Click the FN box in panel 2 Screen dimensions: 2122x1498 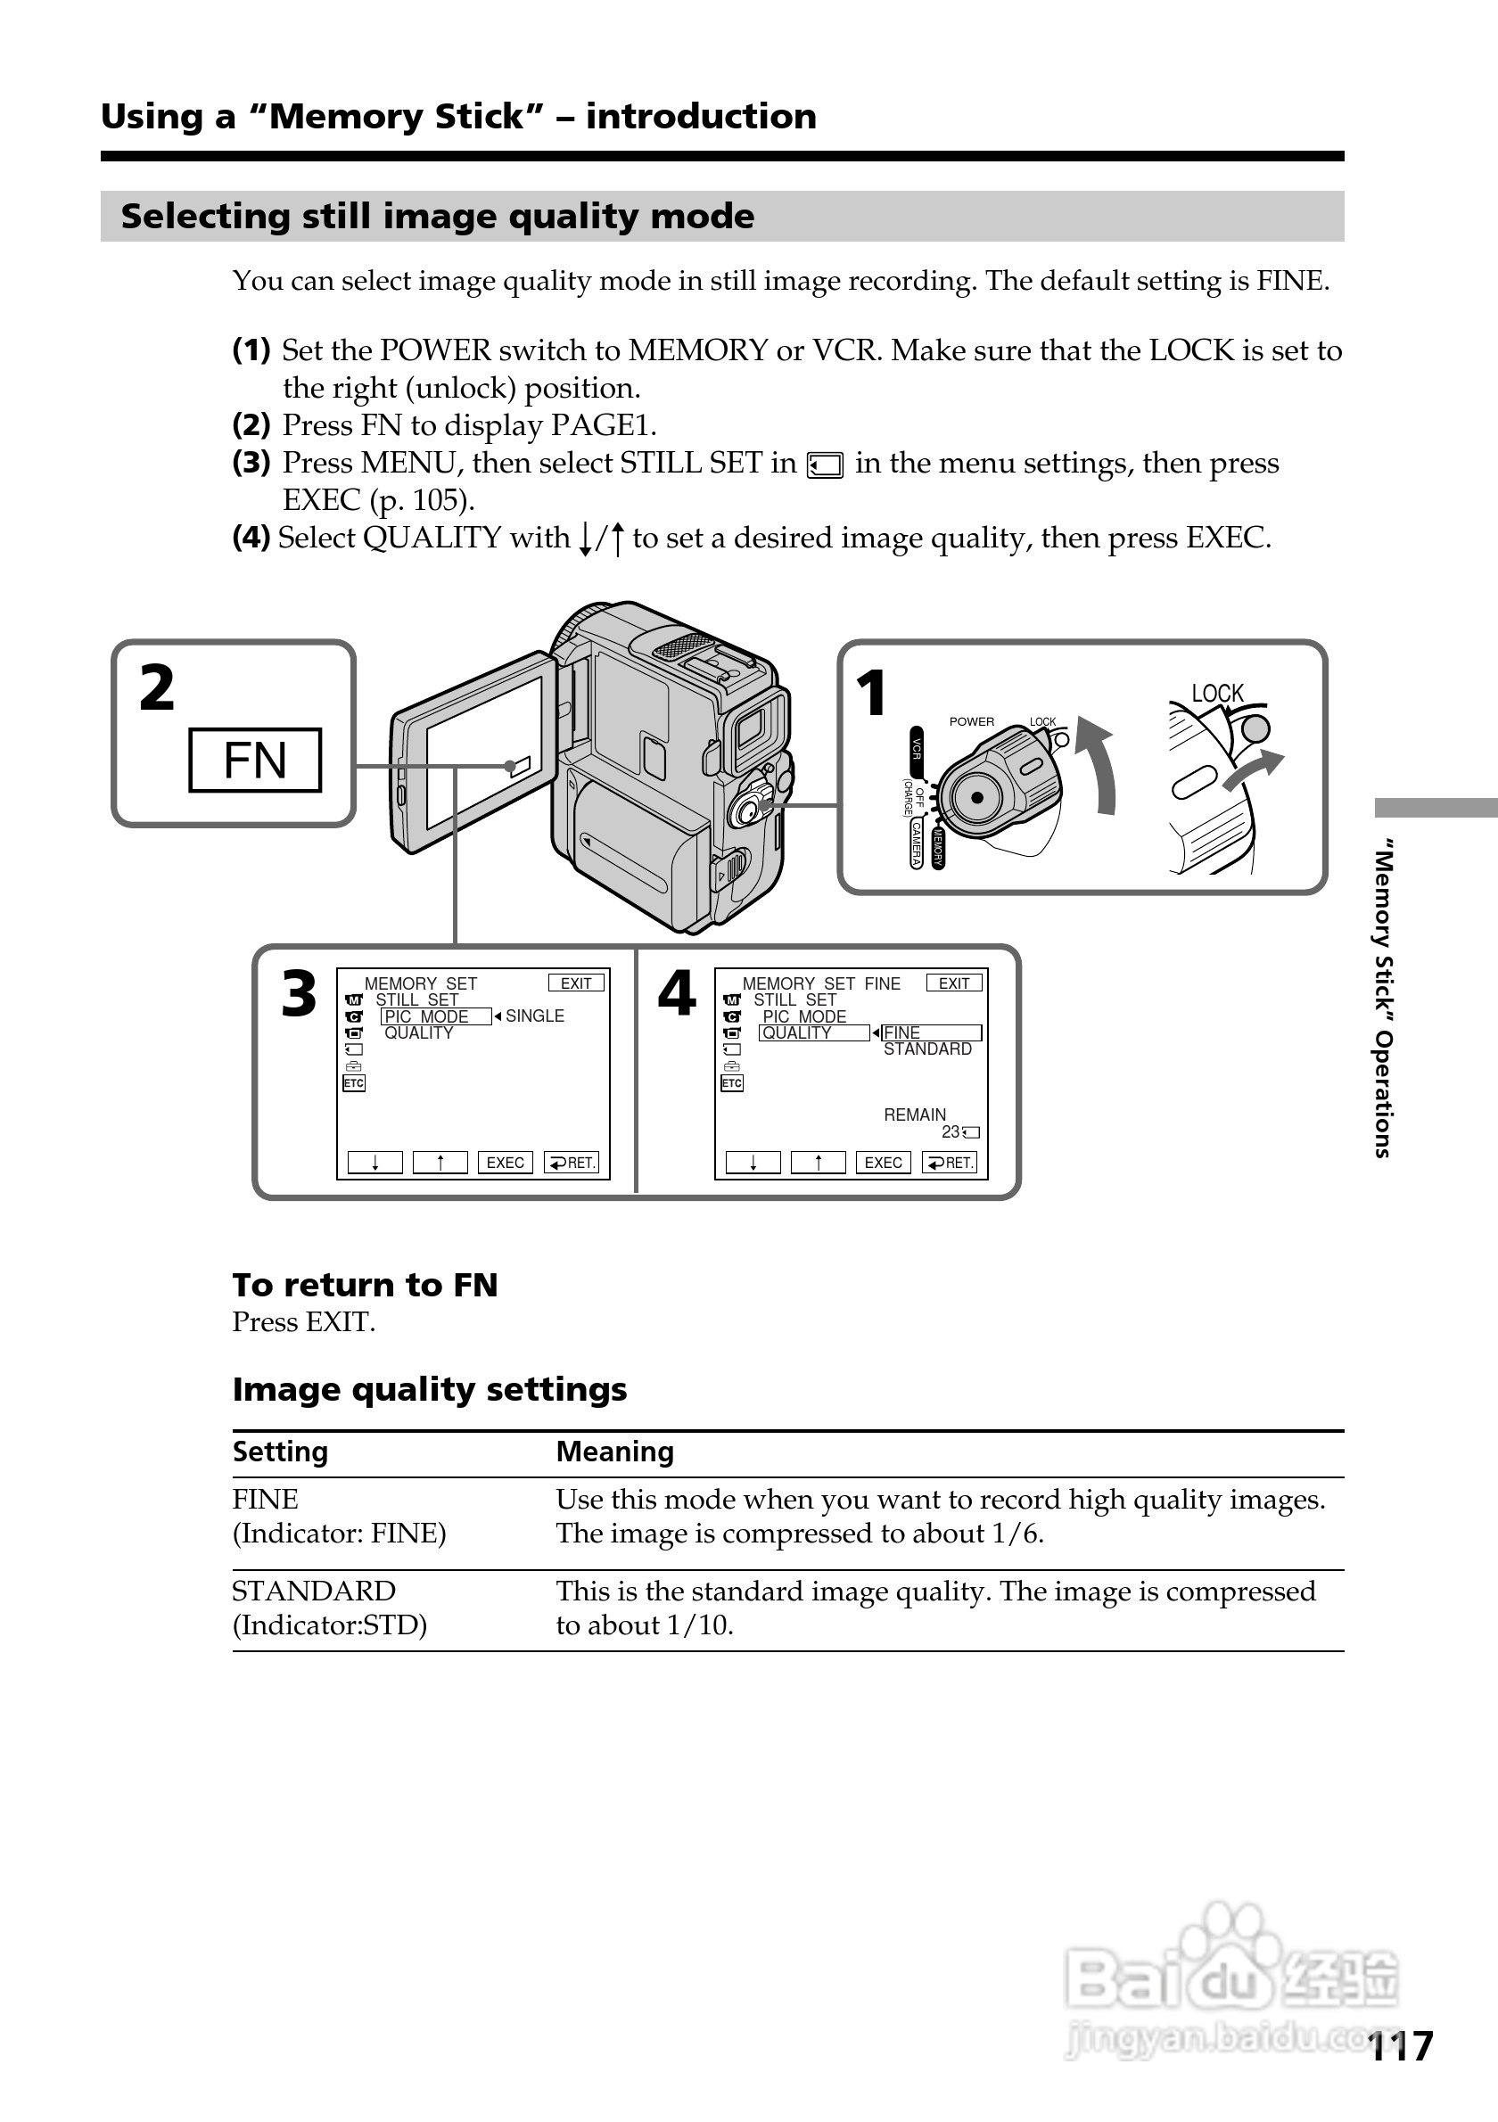pyautogui.click(x=255, y=760)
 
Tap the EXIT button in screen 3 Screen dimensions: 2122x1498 pyautogui.click(x=576, y=983)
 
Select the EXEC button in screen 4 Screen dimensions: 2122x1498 pyautogui.click(x=883, y=1163)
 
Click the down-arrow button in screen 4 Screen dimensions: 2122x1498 pyautogui.click(x=753, y=1163)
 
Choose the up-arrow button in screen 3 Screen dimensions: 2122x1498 pyautogui.click(x=440, y=1163)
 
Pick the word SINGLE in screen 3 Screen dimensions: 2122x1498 pyautogui.click(x=534, y=1016)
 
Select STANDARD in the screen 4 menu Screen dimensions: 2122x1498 pyautogui.click(x=927, y=1049)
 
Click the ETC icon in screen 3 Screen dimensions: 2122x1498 pyautogui.click(x=354, y=1082)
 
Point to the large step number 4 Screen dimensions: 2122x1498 pyautogui.click(x=677, y=994)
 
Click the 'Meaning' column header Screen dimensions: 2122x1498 pyautogui.click(x=614, y=1452)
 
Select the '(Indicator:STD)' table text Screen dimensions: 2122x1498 pyautogui.click(x=330, y=1624)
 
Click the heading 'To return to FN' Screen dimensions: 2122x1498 pyautogui.click(x=365, y=1285)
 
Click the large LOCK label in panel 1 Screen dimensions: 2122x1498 pyautogui.click(x=1217, y=693)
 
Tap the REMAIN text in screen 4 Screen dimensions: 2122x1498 pyautogui.click(x=915, y=1114)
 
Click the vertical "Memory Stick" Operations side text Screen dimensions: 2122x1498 pyautogui.click(x=1382, y=999)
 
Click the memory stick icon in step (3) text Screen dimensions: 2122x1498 pyautogui.click(x=824, y=465)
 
